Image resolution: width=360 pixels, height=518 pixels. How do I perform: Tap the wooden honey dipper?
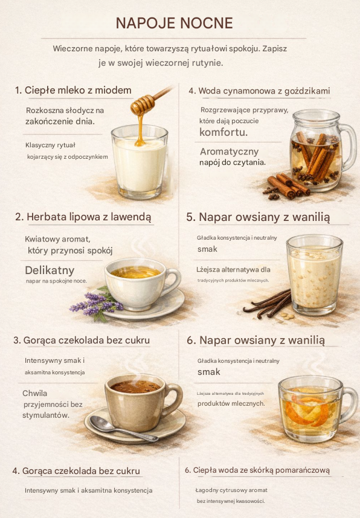click(151, 101)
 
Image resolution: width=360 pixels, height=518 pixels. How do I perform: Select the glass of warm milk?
click(140, 162)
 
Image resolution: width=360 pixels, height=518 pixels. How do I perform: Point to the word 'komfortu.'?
click(223, 132)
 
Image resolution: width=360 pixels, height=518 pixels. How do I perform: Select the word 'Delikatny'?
click(50, 270)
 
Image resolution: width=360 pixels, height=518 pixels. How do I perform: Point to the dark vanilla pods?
click(268, 304)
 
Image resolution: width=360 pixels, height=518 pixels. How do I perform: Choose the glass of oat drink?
click(314, 275)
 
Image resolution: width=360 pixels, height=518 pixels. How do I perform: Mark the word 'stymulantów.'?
click(46, 415)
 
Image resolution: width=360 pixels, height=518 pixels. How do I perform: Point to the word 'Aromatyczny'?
click(229, 152)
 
